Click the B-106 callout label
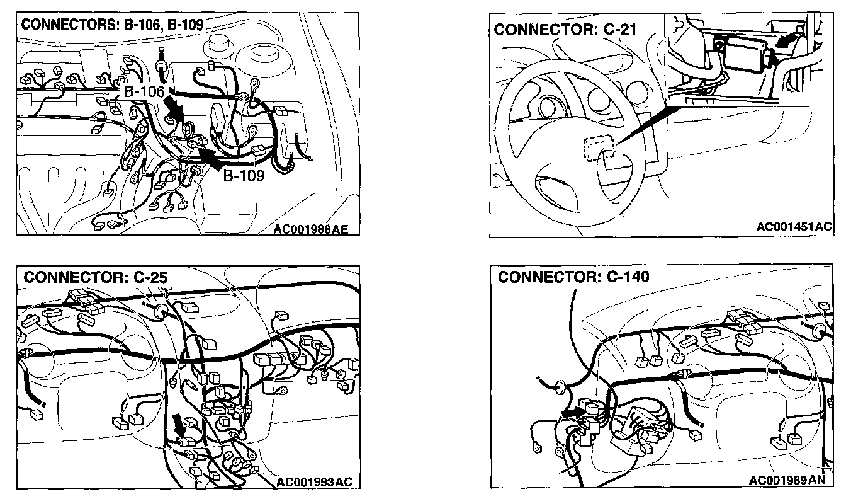[144, 91]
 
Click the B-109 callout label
[244, 175]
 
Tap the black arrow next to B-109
[211, 158]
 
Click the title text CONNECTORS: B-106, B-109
[112, 25]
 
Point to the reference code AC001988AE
[310, 229]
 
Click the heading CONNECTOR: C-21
[565, 30]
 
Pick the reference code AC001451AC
[794, 226]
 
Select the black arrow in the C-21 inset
[787, 40]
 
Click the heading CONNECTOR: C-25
[95, 277]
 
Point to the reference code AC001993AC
[314, 482]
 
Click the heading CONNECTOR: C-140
[573, 277]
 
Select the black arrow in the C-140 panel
[573, 413]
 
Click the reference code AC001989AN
[787, 480]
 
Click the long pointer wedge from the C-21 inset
[648, 125]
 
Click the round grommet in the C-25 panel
[161, 311]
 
